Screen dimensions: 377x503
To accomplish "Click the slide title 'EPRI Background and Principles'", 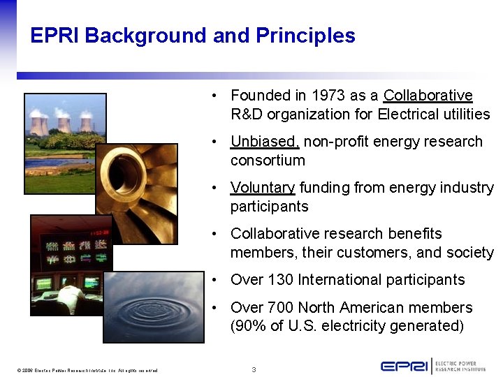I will (193, 36).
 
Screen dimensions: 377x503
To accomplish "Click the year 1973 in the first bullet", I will (328, 96).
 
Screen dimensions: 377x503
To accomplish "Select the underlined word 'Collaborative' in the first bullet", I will (428, 96).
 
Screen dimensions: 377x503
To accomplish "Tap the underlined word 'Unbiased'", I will (265, 142).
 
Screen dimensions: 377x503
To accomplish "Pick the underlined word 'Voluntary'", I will (263, 188).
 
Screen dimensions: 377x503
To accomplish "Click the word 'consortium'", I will (268, 161).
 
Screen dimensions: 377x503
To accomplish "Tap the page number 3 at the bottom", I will (254, 369).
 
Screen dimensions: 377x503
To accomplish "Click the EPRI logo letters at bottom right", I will (404, 366).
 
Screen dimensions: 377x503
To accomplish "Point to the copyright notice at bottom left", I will (88, 370).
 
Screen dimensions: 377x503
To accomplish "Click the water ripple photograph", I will (154, 307).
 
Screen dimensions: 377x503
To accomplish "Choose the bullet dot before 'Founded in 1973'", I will (219, 96).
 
